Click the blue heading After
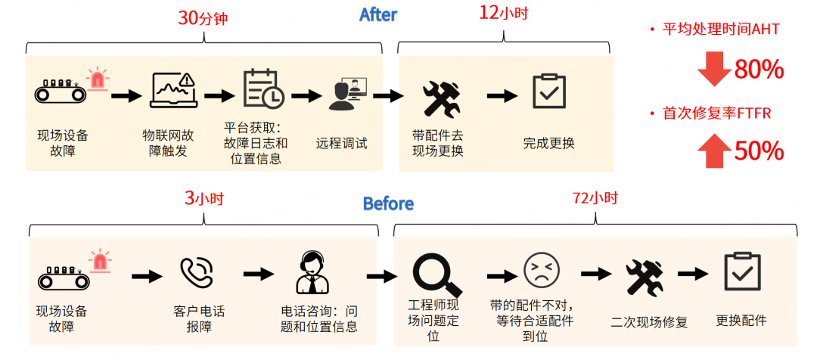377,14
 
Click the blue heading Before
388,203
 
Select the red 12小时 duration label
503,13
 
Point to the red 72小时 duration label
595,198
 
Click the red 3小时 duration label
204,198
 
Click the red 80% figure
758,70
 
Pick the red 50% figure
758,151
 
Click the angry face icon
542,270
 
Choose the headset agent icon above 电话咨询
312,272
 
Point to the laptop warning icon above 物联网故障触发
173,90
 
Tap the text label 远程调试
341,143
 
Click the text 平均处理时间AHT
720,29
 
